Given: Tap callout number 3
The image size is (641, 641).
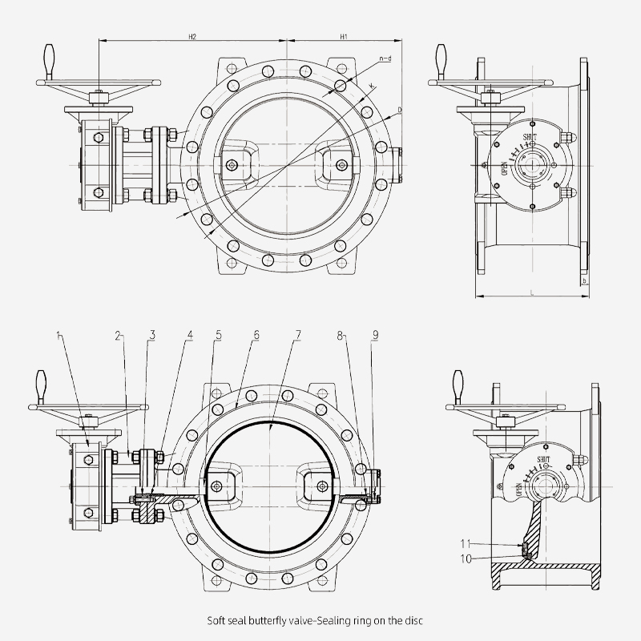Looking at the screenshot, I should (x=152, y=334).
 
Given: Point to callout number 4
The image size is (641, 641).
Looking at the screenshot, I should (x=189, y=334).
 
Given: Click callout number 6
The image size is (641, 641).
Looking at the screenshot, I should (x=256, y=334).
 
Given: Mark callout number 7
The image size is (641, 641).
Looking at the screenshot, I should (x=297, y=334).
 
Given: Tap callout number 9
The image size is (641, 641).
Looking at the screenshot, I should (x=375, y=334).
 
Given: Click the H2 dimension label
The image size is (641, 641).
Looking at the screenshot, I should (x=192, y=37).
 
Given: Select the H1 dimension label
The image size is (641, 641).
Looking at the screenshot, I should (x=343, y=37).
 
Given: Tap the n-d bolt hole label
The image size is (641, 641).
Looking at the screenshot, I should (x=385, y=58).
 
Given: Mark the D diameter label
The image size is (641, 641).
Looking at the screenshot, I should (x=398, y=109).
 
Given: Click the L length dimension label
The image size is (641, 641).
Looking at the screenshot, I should (x=533, y=293).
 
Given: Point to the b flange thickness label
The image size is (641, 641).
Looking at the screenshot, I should (x=586, y=282).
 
